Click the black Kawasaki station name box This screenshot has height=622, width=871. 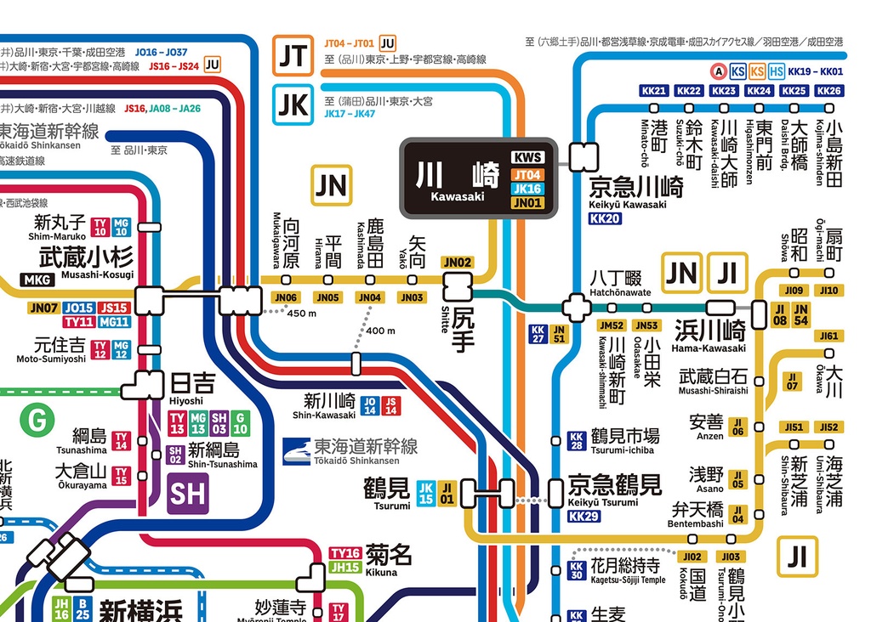[x=479, y=178]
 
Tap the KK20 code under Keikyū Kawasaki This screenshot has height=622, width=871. [x=605, y=218]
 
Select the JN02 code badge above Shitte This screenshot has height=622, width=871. [x=458, y=263]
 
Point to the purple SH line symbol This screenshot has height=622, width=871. [x=187, y=494]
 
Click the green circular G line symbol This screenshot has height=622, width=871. [x=37, y=419]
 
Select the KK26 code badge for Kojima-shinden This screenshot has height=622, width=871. [x=828, y=91]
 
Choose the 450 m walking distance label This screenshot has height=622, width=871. [x=302, y=314]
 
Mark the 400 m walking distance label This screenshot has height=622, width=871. [x=380, y=331]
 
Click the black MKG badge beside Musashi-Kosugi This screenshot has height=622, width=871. [x=37, y=280]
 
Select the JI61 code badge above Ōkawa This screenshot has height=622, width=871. [x=828, y=336]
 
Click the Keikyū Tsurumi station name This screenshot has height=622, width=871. [x=614, y=486]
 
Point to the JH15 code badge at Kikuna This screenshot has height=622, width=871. [x=345, y=568]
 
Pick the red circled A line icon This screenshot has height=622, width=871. [x=719, y=72]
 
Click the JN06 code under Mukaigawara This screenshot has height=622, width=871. [x=286, y=297]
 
